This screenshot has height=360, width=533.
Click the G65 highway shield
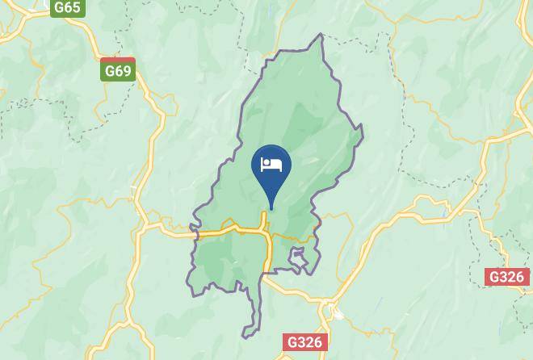(x=68, y=7)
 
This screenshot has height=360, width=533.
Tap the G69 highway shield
(x=118, y=70)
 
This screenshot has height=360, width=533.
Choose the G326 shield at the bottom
(x=305, y=341)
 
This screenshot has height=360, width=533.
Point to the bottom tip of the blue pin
(x=271, y=208)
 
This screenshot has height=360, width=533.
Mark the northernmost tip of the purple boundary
(x=321, y=35)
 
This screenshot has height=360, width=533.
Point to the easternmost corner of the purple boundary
(x=362, y=127)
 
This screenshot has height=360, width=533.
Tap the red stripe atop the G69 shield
(x=118, y=61)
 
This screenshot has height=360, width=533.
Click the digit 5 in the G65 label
(x=76, y=7)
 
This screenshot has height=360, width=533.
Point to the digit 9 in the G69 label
(x=126, y=71)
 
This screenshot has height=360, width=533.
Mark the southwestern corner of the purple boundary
(x=192, y=295)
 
